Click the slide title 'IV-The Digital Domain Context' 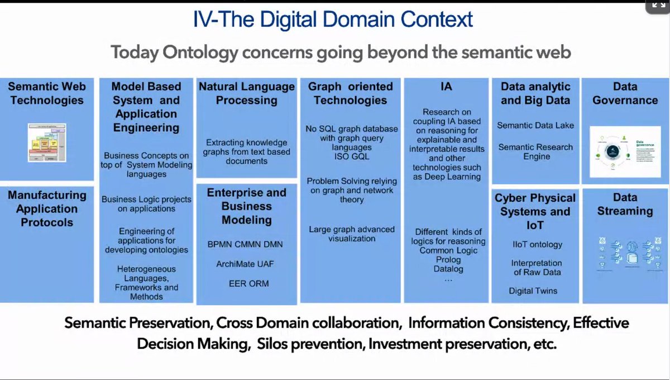click(333, 20)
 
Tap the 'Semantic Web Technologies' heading click(47, 93)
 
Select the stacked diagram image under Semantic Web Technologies click(47, 143)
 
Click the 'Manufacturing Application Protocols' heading click(47, 208)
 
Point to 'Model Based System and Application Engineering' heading click(146, 107)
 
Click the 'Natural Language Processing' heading click(247, 93)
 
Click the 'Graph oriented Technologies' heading click(351, 93)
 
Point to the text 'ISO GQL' click(352, 156)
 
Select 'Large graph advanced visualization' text click(352, 234)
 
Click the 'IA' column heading click(446, 87)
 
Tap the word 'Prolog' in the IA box click(449, 260)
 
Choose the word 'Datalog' click(449, 269)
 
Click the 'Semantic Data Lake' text click(535, 126)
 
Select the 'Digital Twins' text click(533, 291)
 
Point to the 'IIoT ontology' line click(537, 244)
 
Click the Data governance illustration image click(625, 151)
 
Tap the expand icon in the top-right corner click(655, 6)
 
